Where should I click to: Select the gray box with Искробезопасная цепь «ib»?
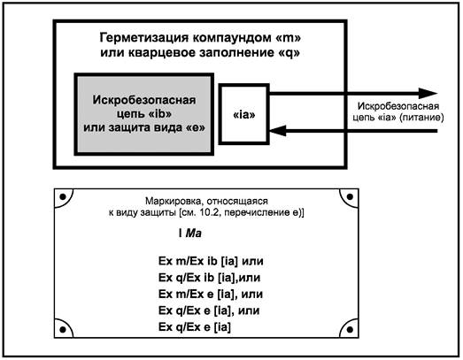click(x=144, y=114)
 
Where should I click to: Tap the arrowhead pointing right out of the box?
click(x=428, y=94)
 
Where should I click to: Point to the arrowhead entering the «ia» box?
click(x=278, y=131)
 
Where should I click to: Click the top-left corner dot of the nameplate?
click(x=63, y=196)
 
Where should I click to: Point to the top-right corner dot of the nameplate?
click(x=350, y=196)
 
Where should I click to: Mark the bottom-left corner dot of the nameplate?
click(x=63, y=329)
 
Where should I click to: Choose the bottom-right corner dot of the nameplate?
click(x=350, y=329)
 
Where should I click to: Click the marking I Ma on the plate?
click(x=190, y=234)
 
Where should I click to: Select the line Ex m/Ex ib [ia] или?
click(x=211, y=261)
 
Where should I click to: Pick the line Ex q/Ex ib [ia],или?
click(x=209, y=278)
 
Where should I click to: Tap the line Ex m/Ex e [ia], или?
click(x=211, y=294)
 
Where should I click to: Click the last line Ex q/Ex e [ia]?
click(x=195, y=327)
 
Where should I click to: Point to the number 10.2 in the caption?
click(x=209, y=212)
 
